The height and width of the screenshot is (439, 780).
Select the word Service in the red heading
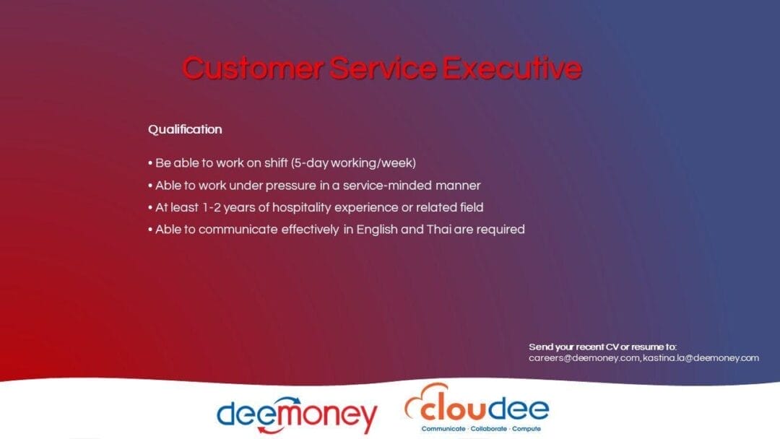pyautogui.click(x=383, y=69)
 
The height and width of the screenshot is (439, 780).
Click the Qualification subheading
pyautogui.click(x=185, y=129)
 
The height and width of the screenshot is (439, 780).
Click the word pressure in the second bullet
pyautogui.click(x=287, y=186)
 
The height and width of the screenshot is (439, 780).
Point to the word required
pyautogui.click(x=500, y=230)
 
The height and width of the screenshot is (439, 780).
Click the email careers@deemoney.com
pyautogui.click(x=584, y=358)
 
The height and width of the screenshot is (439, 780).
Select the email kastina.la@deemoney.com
pyautogui.click(x=701, y=358)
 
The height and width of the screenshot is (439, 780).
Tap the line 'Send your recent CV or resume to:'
pyautogui.click(x=603, y=347)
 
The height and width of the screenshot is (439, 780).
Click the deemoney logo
pyautogui.click(x=297, y=414)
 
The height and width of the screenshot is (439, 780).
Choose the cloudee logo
pyautogui.click(x=477, y=406)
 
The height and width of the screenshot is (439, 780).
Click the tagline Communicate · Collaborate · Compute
pyautogui.click(x=477, y=429)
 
